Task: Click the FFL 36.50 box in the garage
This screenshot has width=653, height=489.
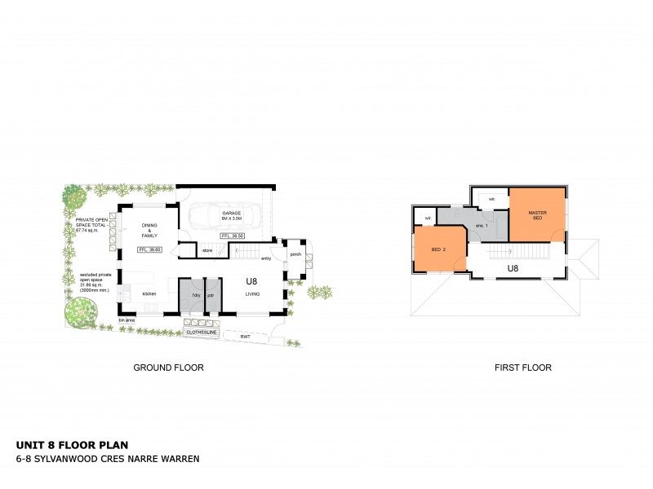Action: (x=233, y=236)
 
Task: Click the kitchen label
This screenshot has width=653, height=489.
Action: (x=149, y=293)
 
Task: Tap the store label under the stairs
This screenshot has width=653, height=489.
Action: (x=207, y=251)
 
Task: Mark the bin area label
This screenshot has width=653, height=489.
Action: (x=127, y=320)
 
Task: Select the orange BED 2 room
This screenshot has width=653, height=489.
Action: (x=439, y=249)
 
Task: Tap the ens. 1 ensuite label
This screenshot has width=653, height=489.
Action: (x=482, y=226)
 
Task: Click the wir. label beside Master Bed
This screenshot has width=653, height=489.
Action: (x=491, y=198)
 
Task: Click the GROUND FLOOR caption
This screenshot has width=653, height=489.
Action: (x=168, y=368)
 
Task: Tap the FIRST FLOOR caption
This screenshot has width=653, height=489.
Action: (x=522, y=368)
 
